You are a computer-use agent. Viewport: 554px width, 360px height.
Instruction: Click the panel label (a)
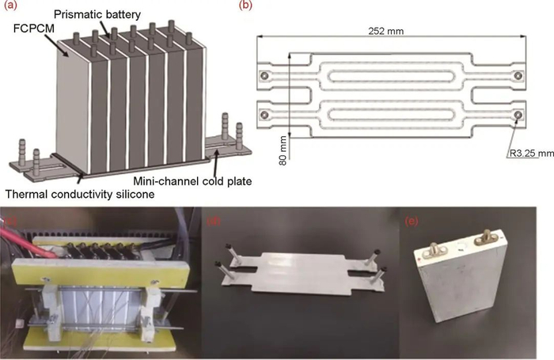pos(11,6)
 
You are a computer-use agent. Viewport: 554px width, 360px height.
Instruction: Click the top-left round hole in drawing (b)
pos(264,76)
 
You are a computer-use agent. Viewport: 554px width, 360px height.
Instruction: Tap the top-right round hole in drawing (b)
pos(518,75)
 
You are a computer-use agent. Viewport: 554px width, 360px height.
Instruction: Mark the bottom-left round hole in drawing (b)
pos(264,116)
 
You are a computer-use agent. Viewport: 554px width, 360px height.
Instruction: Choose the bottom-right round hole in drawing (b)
pos(518,116)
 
